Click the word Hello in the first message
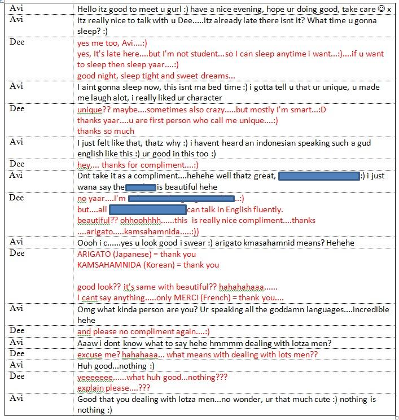[x=87, y=10]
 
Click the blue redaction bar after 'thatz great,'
[x=319, y=176]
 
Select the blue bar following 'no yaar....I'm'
[x=181, y=198]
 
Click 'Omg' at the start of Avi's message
[x=85, y=309]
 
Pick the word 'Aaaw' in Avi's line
[x=86, y=343]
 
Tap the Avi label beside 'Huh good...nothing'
[x=16, y=365]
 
